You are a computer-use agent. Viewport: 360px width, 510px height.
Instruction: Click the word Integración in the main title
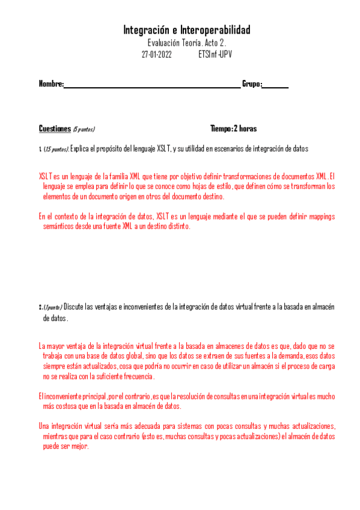click(x=145, y=30)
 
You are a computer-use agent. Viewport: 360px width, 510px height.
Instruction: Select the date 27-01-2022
click(x=157, y=54)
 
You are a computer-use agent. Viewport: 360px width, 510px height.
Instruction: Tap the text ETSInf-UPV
click(x=215, y=54)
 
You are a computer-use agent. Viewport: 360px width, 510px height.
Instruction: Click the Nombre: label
click(x=51, y=84)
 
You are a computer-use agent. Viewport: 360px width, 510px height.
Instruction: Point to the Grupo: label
click(x=252, y=84)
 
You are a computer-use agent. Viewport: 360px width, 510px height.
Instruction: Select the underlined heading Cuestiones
click(x=55, y=129)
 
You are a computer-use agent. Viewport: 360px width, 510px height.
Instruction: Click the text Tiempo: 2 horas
click(x=234, y=129)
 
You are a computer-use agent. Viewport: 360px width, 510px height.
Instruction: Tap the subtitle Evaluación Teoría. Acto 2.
click(x=186, y=43)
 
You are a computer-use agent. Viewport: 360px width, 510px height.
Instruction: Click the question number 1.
click(x=40, y=149)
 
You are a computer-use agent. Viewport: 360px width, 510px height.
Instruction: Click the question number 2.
click(x=40, y=307)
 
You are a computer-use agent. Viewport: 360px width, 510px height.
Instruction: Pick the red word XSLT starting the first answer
click(x=45, y=177)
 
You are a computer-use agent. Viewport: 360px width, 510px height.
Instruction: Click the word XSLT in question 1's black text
click(x=165, y=149)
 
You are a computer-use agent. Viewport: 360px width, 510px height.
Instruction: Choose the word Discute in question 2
click(x=74, y=307)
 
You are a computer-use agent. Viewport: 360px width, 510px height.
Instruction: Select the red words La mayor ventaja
click(x=63, y=346)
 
